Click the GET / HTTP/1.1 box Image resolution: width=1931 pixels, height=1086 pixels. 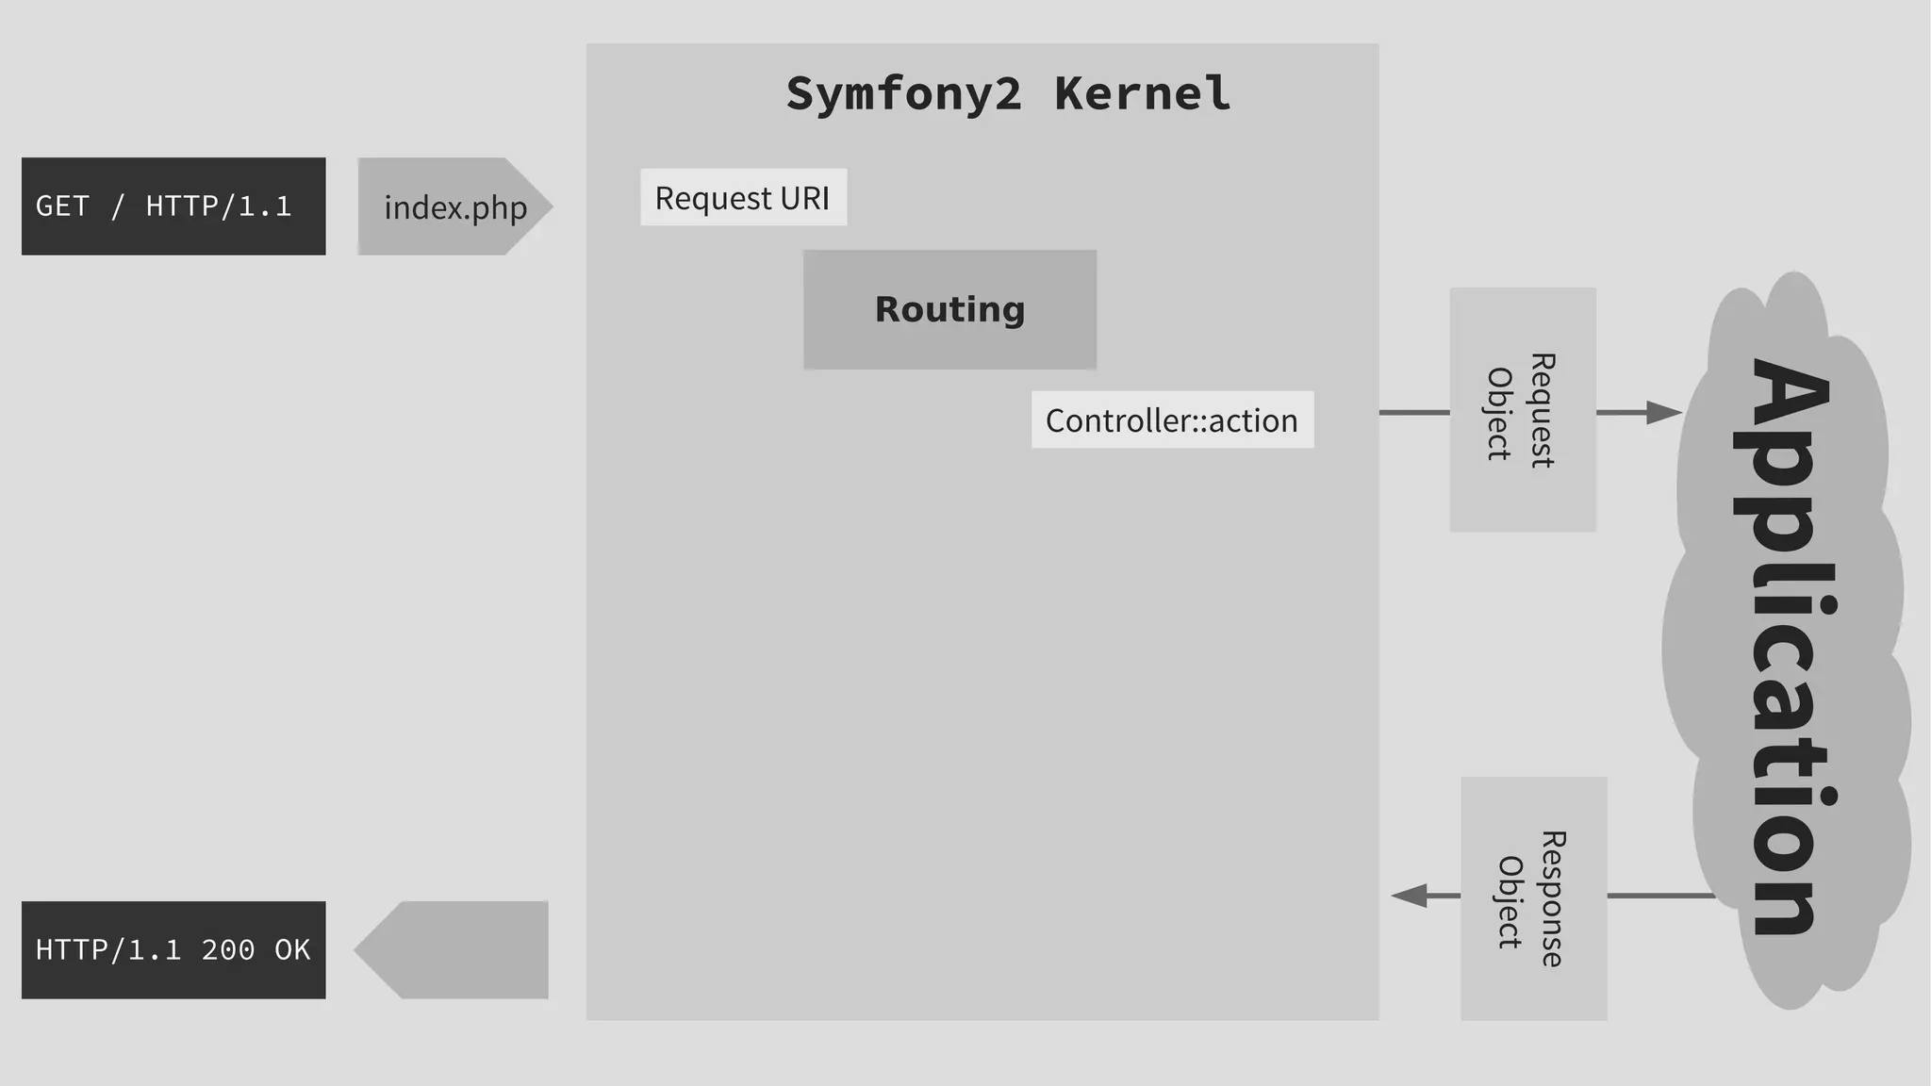[173, 206]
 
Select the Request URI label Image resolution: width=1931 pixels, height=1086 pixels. [743, 197]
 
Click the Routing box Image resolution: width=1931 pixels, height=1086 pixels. [949, 309]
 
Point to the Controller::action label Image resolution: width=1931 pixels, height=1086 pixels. [1171, 420]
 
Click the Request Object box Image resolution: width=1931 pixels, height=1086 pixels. [1522, 409]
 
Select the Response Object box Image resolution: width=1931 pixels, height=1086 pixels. [1533, 897]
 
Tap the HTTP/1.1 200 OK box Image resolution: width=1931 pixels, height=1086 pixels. [173, 949]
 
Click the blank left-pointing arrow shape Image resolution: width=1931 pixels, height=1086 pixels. [453, 949]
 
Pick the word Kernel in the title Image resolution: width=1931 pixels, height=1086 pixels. [1142, 93]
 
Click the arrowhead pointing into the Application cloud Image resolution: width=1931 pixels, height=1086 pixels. [1663, 412]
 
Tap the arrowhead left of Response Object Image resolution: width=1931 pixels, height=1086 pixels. [1411, 896]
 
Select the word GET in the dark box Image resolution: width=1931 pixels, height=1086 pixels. [62, 206]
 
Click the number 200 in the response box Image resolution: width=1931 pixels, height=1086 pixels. [227, 949]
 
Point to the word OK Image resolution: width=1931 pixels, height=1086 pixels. [292, 949]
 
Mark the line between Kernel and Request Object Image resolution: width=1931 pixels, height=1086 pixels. [1413, 412]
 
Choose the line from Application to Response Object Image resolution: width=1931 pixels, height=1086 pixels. [1659, 896]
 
